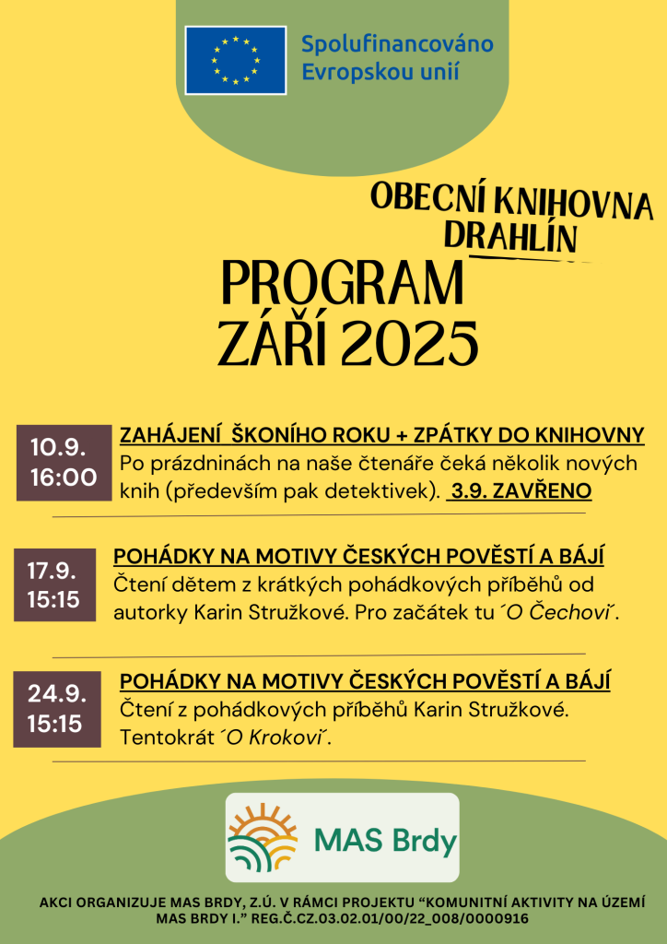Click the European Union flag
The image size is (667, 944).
(x=235, y=60)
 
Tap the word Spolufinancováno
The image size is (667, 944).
(x=398, y=43)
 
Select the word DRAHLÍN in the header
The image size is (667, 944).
(x=509, y=237)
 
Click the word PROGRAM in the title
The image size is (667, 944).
(x=343, y=284)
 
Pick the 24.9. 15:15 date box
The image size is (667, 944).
(x=56, y=709)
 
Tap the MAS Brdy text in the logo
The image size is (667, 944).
(x=385, y=842)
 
